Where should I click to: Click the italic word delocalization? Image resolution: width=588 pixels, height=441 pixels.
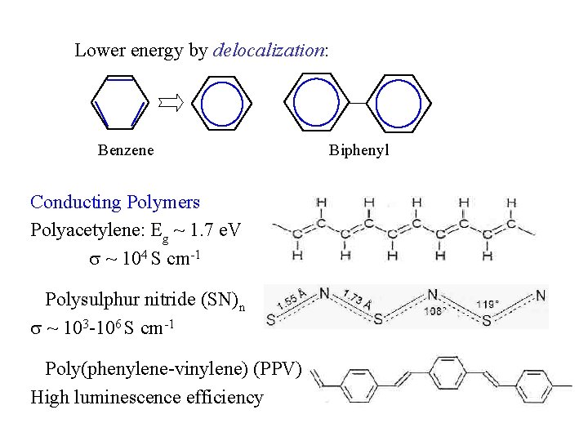269,51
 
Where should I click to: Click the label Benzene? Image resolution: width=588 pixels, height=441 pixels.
126,150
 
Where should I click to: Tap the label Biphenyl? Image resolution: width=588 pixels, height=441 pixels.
359,150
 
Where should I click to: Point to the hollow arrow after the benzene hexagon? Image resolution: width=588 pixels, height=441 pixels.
171,102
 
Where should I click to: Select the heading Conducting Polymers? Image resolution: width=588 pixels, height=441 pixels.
115,202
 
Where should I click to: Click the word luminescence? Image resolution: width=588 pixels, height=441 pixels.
136,398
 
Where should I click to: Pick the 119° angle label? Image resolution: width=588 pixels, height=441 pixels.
488,304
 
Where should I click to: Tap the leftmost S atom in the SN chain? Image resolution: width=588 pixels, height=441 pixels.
271,321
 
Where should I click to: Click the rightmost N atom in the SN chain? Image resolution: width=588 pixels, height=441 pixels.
541,293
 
